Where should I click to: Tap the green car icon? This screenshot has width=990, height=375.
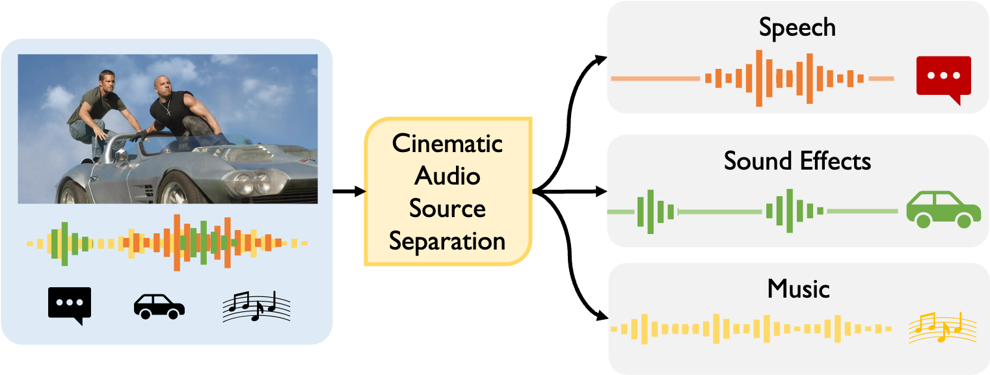click(943, 209)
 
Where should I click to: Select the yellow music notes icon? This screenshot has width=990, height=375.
click(942, 328)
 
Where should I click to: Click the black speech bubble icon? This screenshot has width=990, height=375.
click(70, 305)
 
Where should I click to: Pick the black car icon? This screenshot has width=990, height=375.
click(159, 306)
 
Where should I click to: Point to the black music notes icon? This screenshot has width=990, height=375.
click(256, 306)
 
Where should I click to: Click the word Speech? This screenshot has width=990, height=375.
click(797, 28)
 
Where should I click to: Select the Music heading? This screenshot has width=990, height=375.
click(798, 289)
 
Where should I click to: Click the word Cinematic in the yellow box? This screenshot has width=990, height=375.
click(448, 144)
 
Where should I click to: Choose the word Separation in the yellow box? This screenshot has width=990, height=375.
click(448, 242)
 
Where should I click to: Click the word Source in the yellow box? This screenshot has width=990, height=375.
click(448, 209)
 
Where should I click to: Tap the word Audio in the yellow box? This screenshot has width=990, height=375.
click(448, 175)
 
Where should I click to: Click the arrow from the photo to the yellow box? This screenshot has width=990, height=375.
click(349, 191)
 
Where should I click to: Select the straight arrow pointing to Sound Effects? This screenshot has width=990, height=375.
click(570, 191)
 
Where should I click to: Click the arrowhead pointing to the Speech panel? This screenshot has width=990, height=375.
click(601, 60)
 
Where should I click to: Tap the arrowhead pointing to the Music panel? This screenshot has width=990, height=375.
click(602, 315)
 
